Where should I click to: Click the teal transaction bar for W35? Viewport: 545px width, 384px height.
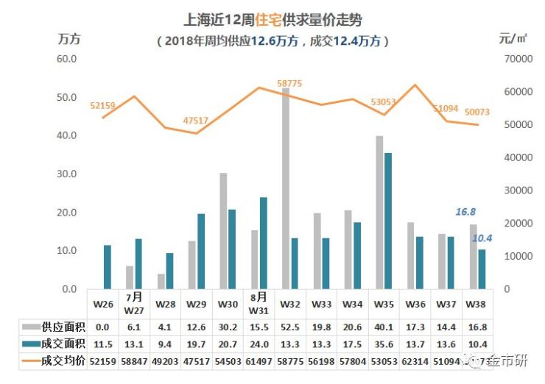(388, 221)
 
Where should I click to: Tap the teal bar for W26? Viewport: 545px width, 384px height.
(107, 266)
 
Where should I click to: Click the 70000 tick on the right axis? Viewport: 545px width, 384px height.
(517, 59)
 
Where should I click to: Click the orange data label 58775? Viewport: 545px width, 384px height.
(289, 84)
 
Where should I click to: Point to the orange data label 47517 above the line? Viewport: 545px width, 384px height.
(195, 120)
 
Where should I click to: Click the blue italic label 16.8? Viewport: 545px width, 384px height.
(465, 212)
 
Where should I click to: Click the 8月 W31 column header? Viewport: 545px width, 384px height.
(258, 303)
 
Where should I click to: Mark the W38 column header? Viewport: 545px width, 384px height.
(477, 303)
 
